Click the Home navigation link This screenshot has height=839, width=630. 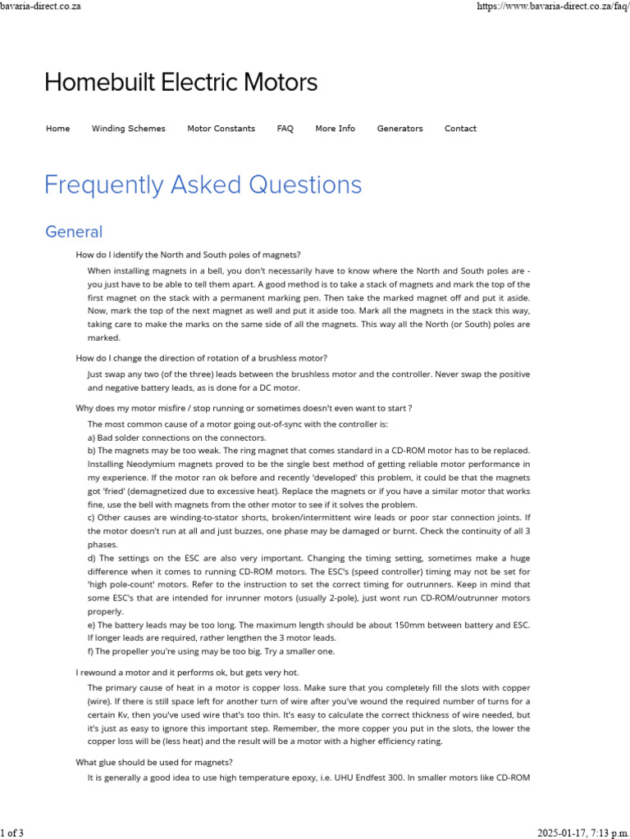click(57, 129)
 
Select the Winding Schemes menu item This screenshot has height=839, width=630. click(128, 129)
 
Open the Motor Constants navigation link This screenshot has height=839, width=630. click(221, 129)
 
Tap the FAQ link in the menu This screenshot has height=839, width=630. click(285, 129)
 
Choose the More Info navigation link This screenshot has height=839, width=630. click(335, 129)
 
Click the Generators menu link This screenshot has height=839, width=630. click(399, 129)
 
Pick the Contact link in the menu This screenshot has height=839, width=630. click(460, 129)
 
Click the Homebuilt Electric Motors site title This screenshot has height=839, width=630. click(180, 83)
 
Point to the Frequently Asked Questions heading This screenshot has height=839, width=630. click(203, 185)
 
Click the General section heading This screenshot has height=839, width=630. click(74, 232)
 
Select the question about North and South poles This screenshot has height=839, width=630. click(188, 255)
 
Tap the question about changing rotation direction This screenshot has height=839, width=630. click(202, 358)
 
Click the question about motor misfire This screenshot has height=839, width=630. click(244, 408)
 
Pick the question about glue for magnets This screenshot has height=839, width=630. click(154, 762)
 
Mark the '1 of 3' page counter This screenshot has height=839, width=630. click(12, 833)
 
